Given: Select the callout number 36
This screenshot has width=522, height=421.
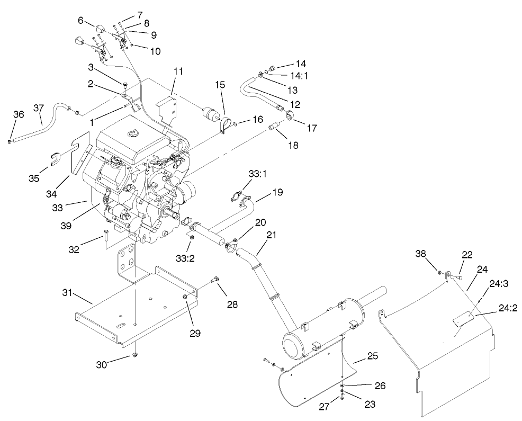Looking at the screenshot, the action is pyautogui.click(x=19, y=115).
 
